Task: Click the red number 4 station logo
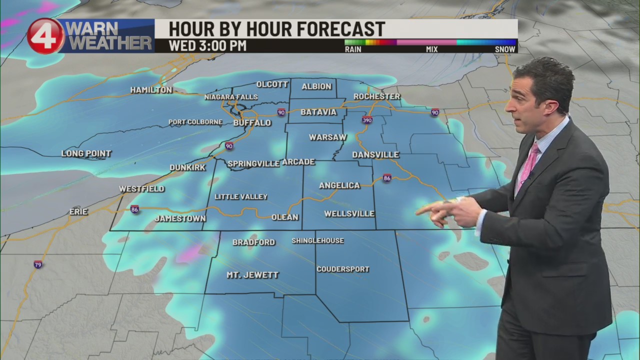coord(45,36)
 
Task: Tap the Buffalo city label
coord(252,122)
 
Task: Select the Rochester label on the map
coord(376,96)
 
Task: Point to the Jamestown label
coord(180,218)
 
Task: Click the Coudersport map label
coord(343,269)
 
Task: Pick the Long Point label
coord(86,153)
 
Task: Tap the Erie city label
coord(78,212)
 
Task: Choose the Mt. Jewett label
coord(252,275)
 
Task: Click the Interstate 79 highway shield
coord(38,264)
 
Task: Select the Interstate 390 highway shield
coord(367,120)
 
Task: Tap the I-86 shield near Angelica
coord(387,177)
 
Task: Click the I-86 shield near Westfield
coord(134,209)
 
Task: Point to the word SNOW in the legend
coord(505,49)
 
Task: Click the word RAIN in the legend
coord(354,49)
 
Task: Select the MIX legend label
coord(431,49)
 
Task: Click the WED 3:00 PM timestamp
coord(207,45)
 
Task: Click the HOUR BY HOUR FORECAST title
coord(276,28)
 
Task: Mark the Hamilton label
coord(151,90)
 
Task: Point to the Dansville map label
coord(375,155)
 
